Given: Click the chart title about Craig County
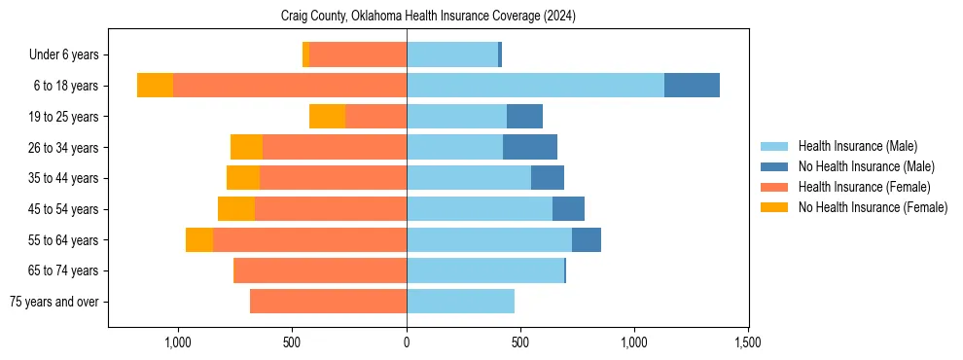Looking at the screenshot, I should (x=429, y=17).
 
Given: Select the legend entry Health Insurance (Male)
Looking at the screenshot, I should (x=857, y=146).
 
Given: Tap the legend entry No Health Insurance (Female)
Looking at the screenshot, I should (x=872, y=207).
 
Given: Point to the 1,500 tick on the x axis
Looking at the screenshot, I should (x=748, y=342).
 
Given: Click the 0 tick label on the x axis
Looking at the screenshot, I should (x=407, y=342).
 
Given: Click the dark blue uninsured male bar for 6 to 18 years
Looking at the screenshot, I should (x=692, y=86).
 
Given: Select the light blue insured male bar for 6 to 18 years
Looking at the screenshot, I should (x=535, y=86).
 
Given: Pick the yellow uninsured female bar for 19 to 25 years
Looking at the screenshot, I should (x=328, y=117).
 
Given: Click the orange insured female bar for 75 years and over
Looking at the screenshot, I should (x=328, y=302).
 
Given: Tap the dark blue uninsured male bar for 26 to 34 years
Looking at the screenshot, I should (x=530, y=148).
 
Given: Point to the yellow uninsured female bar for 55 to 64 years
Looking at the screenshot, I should (x=199, y=240).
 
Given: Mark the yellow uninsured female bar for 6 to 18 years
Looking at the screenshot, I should (x=155, y=86).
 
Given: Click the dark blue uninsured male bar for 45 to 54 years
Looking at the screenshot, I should (x=568, y=209).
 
